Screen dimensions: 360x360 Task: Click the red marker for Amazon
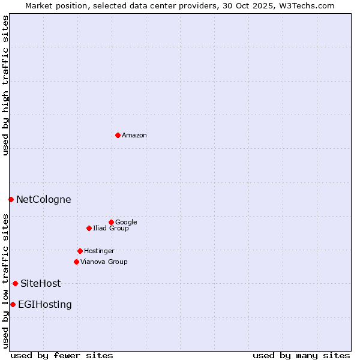click(118, 135)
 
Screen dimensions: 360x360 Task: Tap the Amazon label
click(134, 136)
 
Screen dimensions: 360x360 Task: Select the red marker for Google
click(111, 222)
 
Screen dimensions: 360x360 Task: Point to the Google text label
click(126, 223)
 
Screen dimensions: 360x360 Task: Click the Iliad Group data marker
click(89, 228)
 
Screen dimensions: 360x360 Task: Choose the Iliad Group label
click(111, 229)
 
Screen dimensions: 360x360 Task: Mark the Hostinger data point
click(80, 251)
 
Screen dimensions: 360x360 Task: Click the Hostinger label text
click(99, 251)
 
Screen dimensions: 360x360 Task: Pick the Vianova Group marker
click(76, 262)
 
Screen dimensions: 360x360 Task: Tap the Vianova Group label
click(104, 262)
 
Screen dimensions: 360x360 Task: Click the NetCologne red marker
click(11, 199)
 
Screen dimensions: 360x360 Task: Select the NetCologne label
click(43, 200)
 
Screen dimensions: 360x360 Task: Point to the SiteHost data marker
click(15, 283)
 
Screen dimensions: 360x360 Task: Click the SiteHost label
click(40, 284)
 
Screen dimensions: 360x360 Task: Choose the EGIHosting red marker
click(13, 304)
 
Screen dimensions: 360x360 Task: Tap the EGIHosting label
click(45, 305)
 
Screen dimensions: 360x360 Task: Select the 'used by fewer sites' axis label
click(62, 355)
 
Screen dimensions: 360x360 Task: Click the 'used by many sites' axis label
click(301, 355)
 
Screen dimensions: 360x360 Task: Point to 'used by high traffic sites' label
click(5, 85)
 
